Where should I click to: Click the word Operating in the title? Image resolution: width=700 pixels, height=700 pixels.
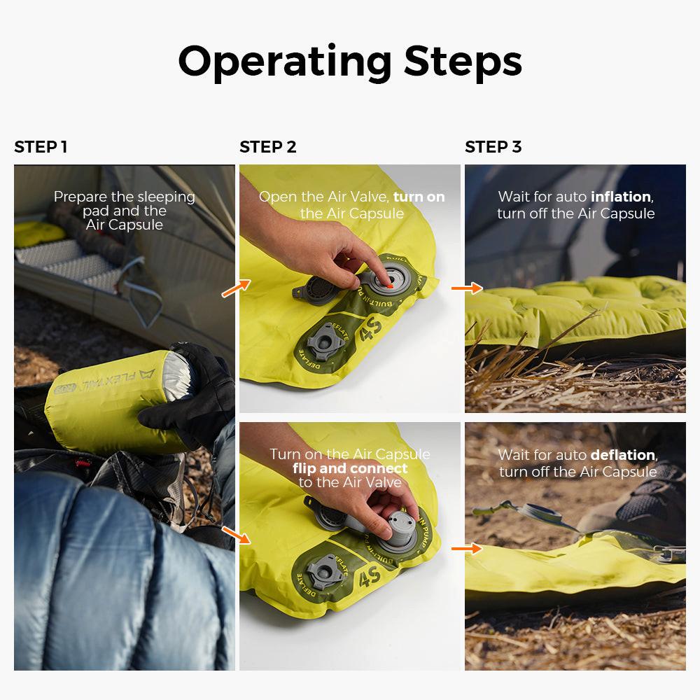pyautogui.click(x=285, y=62)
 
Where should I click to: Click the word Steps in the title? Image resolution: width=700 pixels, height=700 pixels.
pyautogui.click(x=463, y=62)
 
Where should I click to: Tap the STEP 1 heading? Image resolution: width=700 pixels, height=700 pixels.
pyautogui.click(x=41, y=147)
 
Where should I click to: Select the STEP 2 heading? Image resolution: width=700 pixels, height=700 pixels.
pyautogui.click(x=268, y=147)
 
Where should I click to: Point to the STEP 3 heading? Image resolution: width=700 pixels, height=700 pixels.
pyautogui.click(x=493, y=147)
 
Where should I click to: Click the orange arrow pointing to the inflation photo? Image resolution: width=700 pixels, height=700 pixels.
pyautogui.click(x=467, y=288)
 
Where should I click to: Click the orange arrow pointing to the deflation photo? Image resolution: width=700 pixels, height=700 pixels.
pyautogui.click(x=466, y=548)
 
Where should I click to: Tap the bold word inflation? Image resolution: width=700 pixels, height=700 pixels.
pyautogui.click(x=620, y=197)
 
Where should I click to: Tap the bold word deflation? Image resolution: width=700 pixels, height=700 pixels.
pyautogui.click(x=623, y=455)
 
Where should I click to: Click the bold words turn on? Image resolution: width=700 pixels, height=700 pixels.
pyautogui.click(x=419, y=197)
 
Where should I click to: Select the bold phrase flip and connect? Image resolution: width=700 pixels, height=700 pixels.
pyautogui.click(x=350, y=468)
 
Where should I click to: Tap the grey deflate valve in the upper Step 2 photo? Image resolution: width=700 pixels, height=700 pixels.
pyautogui.click(x=325, y=342)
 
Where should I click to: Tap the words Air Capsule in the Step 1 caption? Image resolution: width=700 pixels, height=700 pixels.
pyautogui.click(x=125, y=225)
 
